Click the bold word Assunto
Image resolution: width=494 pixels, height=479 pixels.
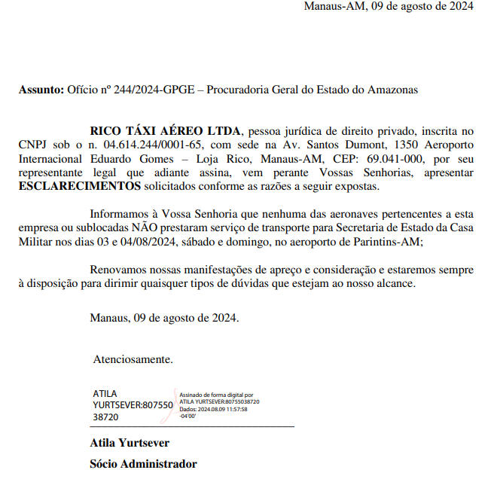(41, 90)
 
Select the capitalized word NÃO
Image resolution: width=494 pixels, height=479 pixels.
(146, 227)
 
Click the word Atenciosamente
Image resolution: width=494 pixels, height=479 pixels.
(133, 359)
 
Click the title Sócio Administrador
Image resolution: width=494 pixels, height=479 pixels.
(143, 464)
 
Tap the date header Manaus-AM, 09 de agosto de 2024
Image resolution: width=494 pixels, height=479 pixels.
(389, 7)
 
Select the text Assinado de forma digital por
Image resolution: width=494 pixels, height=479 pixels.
(216, 395)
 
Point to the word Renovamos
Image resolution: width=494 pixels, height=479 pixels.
(117, 269)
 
